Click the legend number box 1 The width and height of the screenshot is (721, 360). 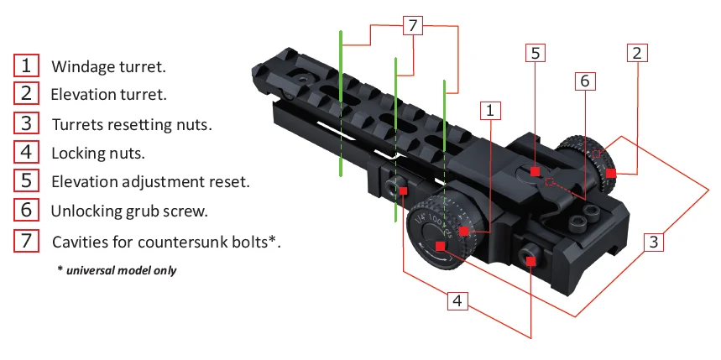click(26, 65)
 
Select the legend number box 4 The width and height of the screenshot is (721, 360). click(26, 153)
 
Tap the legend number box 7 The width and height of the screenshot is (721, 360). click(26, 241)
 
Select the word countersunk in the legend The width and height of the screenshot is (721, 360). click(187, 242)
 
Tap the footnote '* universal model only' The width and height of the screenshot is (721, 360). click(117, 270)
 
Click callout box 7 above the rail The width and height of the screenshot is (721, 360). click(411, 26)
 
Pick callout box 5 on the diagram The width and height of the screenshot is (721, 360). click(537, 52)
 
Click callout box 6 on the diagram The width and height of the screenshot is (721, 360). click(585, 81)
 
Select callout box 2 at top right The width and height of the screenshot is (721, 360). click(637, 52)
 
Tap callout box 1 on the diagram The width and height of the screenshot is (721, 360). click(491, 109)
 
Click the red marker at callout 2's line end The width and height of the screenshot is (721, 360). click(611, 173)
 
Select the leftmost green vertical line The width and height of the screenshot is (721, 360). click(340, 105)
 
